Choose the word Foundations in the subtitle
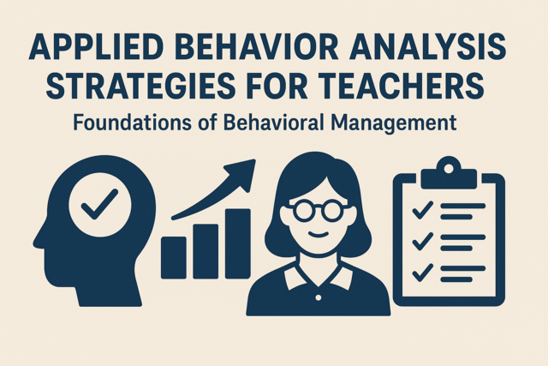[x=133, y=123]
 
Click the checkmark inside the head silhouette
[x=99, y=204]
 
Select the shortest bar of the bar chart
[x=173, y=257]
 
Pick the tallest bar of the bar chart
[x=238, y=243]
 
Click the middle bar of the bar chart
[x=205, y=251]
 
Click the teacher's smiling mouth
[x=318, y=235]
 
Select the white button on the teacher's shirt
[x=318, y=297]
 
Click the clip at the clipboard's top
[x=449, y=173]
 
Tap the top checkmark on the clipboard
[x=423, y=210]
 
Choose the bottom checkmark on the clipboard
[x=423, y=273]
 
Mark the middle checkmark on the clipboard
[x=423, y=242]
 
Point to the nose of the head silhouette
[x=38, y=240]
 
